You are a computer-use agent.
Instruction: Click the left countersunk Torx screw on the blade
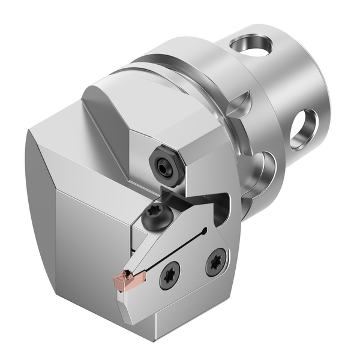point(170,274)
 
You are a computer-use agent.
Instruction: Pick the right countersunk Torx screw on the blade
point(215,263)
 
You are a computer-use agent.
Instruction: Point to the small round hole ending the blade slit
point(205,230)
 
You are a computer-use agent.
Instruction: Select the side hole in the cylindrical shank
point(304,128)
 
